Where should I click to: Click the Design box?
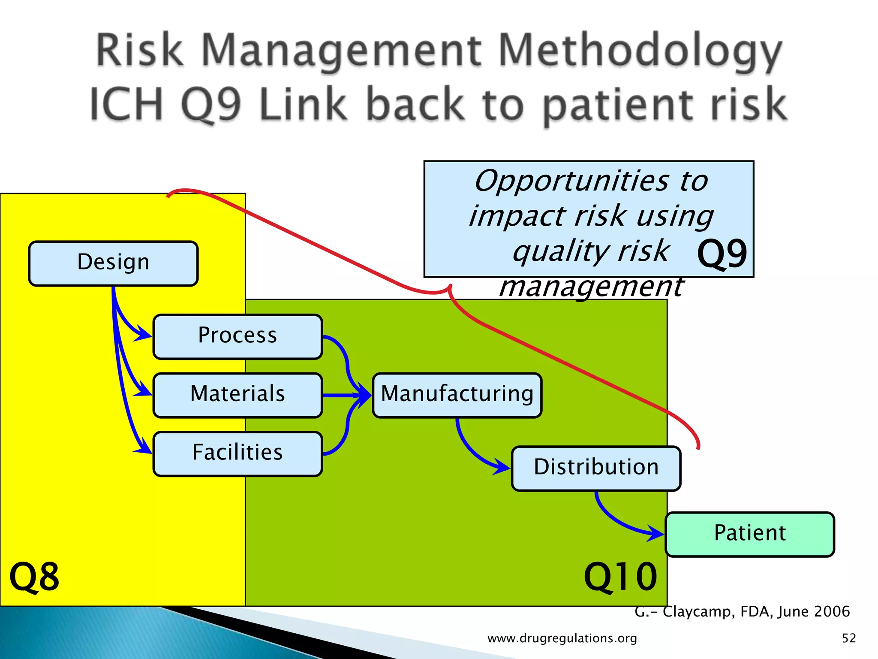(x=113, y=263)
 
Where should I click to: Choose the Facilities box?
(x=238, y=453)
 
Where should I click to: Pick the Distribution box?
(x=596, y=468)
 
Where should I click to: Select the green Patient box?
(x=750, y=534)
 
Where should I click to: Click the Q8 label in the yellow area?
(x=34, y=577)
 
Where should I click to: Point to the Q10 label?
(x=620, y=577)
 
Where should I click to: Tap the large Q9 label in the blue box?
(x=722, y=254)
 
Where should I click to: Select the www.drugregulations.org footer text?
(x=562, y=638)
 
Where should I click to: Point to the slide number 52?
(x=849, y=638)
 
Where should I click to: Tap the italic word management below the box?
(x=592, y=287)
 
